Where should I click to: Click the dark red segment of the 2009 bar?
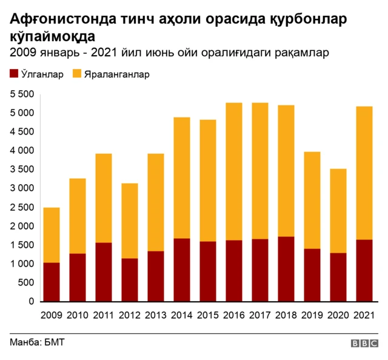tap(51, 282)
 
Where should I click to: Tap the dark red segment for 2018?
tap(286, 268)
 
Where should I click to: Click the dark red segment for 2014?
tap(181, 270)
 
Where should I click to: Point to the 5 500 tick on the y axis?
tap(21, 94)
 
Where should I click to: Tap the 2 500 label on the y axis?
tap(21, 207)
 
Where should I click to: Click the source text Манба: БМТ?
tap(37, 342)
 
